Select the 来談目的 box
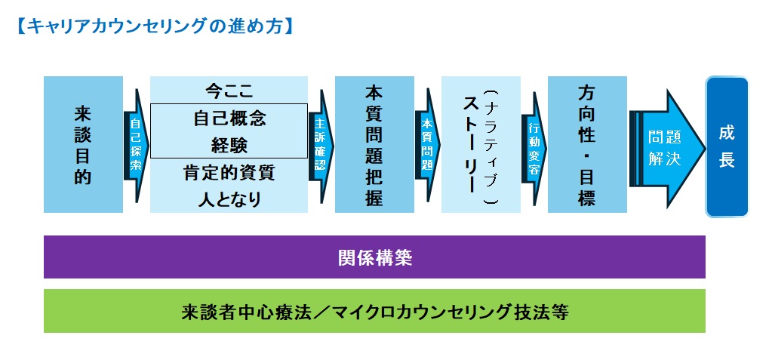[83, 144]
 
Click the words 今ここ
[229, 91]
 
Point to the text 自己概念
[229, 118]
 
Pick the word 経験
[229, 145]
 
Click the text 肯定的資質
[229, 173]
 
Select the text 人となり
[229, 199]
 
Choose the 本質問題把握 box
[374, 144]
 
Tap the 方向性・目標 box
[587, 144]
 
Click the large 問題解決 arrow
[667, 148]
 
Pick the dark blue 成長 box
[727, 146]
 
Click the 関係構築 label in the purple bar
[374, 257]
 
